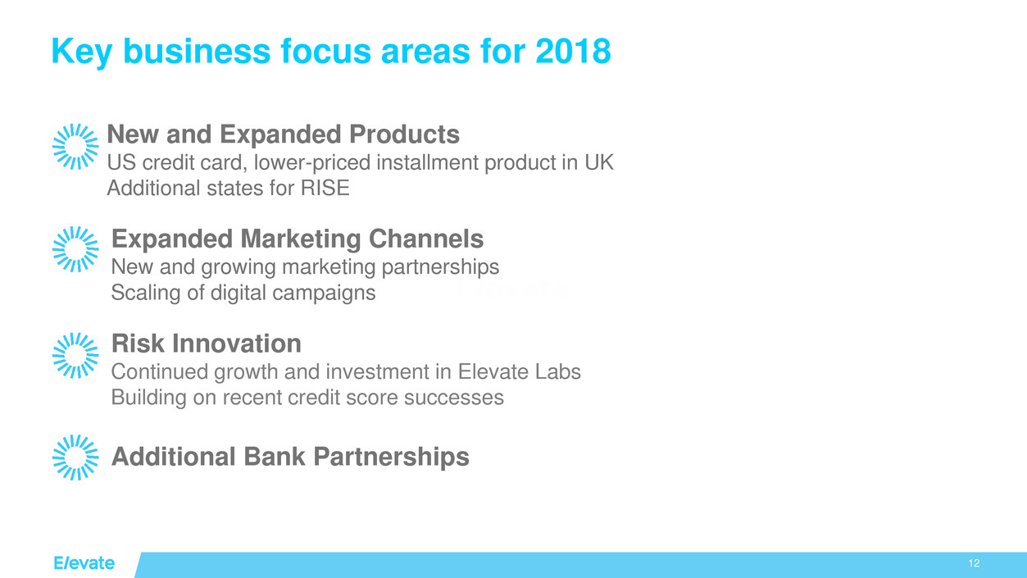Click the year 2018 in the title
tap(573, 51)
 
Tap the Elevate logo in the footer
tap(84, 563)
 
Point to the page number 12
tap(974, 563)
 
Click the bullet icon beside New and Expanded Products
tap(75, 146)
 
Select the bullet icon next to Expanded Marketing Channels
tap(75, 249)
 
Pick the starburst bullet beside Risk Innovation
tap(75, 355)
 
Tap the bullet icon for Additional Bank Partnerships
tap(75, 457)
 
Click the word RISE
tap(325, 188)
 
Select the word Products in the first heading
tap(404, 134)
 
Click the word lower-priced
tap(311, 163)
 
